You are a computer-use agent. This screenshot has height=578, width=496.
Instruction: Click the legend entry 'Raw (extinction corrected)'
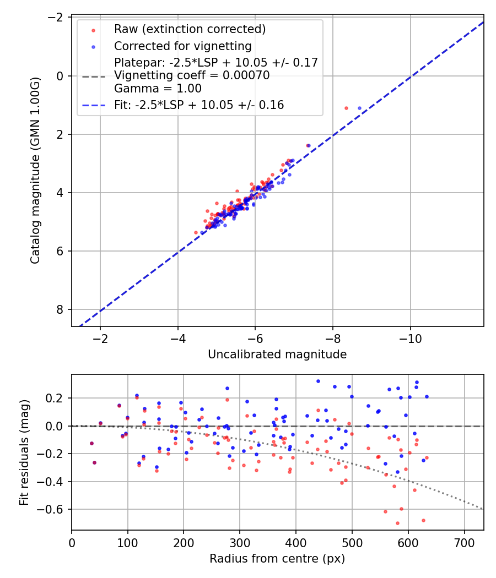tap(190, 29)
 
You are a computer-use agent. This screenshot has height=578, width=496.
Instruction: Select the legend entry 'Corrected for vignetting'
tap(182, 46)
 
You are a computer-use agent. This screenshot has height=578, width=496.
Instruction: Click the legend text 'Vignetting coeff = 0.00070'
tap(192, 75)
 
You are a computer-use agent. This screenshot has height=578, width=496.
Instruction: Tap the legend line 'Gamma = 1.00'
tap(158, 88)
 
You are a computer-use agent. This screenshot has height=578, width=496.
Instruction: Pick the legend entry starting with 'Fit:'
tap(199, 105)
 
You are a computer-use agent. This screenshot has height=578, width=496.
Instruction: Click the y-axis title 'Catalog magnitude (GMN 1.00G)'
tap(35, 171)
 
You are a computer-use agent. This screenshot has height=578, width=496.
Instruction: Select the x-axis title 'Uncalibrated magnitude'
tap(277, 355)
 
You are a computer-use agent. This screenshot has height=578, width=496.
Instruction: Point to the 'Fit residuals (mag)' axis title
tap(24, 452)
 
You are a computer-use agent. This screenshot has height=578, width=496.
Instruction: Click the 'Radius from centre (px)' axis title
tap(277, 559)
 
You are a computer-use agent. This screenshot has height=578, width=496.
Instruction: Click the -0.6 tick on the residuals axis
tap(55, 509)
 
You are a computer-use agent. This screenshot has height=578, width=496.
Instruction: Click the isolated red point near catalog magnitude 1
tap(346, 108)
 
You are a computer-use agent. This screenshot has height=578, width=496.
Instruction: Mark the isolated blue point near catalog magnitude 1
tap(359, 108)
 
